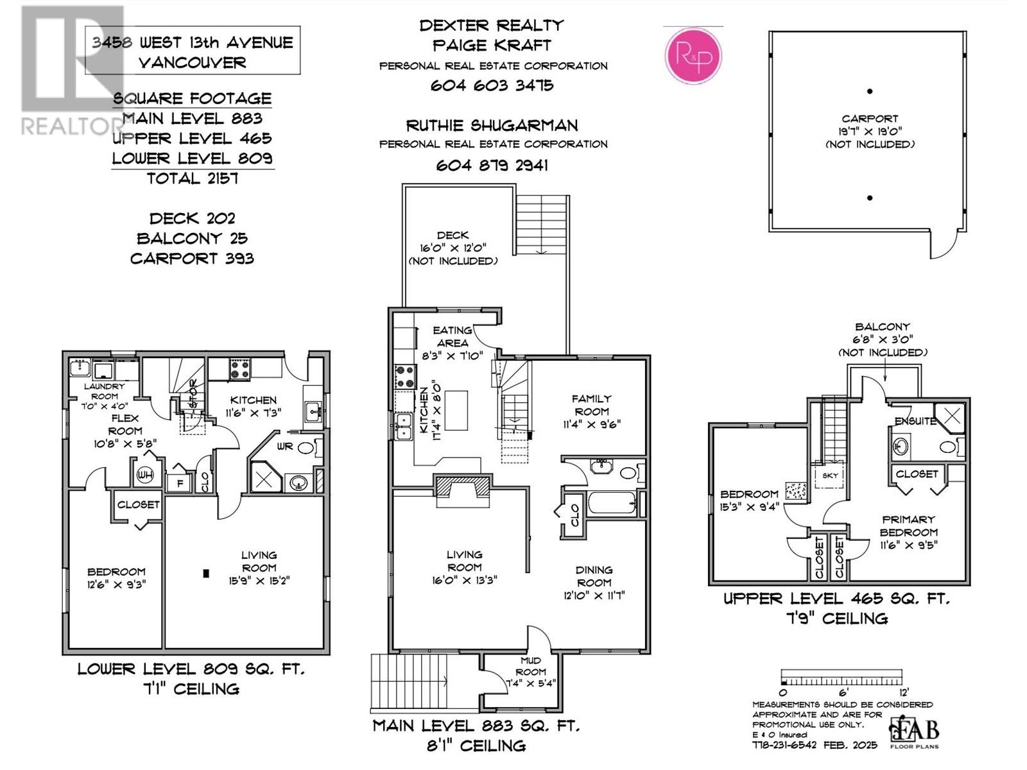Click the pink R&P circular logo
(693, 56)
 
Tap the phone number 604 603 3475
(492, 85)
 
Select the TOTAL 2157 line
(193, 178)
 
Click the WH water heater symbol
(145, 475)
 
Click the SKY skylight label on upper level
(830, 475)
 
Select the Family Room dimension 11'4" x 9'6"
(592, 424)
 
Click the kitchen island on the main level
(456, 410)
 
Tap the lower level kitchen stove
(239, 368)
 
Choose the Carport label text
(870, 119)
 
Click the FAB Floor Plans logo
(914, 731)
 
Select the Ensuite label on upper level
(915, 422)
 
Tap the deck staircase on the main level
(542, 225)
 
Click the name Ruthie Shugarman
(492, 125)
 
